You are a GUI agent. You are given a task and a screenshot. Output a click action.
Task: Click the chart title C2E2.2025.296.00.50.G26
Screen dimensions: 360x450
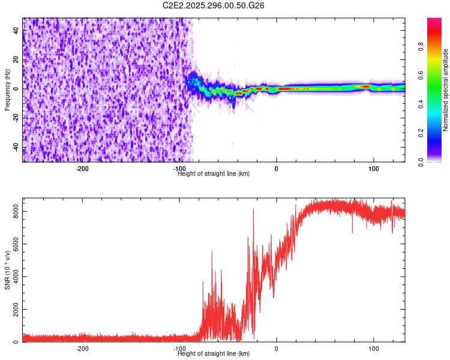tap(214, 5)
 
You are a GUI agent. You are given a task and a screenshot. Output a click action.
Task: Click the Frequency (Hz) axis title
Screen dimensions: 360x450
tap(7, 89)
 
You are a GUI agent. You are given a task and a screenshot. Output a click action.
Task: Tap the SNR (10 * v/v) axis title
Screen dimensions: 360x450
tap(7, 270)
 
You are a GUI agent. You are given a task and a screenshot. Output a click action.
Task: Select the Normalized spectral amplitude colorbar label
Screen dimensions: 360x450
tap(446, 90)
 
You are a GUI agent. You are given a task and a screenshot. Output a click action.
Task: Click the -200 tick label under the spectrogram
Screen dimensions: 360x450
tap(83, 169)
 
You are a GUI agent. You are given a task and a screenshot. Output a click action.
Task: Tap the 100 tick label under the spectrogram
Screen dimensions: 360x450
tap(374, 169)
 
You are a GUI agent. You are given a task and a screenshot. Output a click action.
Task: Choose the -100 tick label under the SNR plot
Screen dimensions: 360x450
tap(180, 349)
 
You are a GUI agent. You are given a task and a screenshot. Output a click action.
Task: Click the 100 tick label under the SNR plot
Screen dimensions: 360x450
tap(374, 349)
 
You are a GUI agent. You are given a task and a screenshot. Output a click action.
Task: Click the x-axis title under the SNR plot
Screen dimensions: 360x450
tap(214, 354)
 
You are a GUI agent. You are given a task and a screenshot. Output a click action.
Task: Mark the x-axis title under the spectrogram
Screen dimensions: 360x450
tap(214, 173)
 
